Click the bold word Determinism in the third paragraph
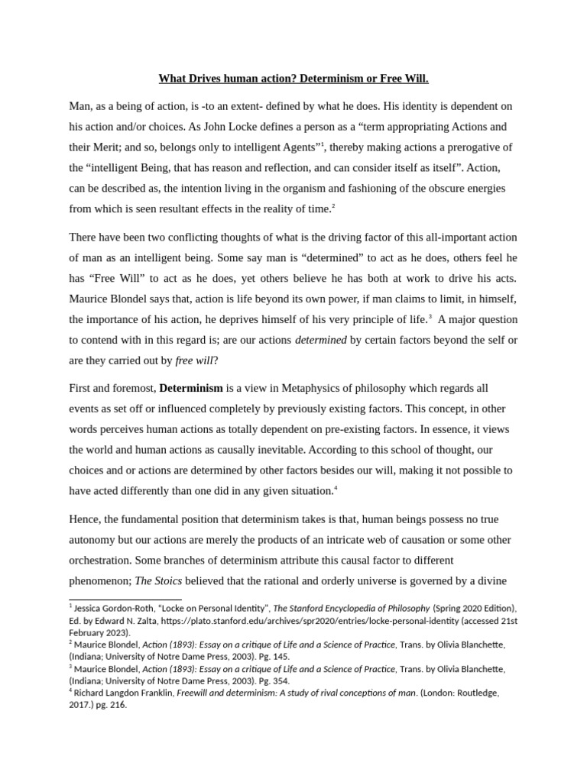click(191, 388)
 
